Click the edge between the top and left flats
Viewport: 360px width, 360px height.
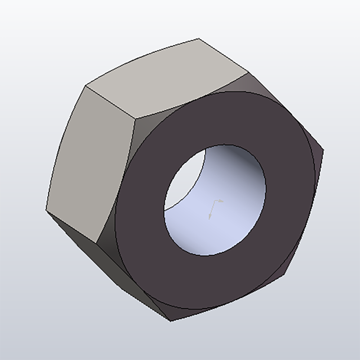pos(110,102)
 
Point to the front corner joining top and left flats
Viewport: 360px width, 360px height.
pos(135,118)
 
